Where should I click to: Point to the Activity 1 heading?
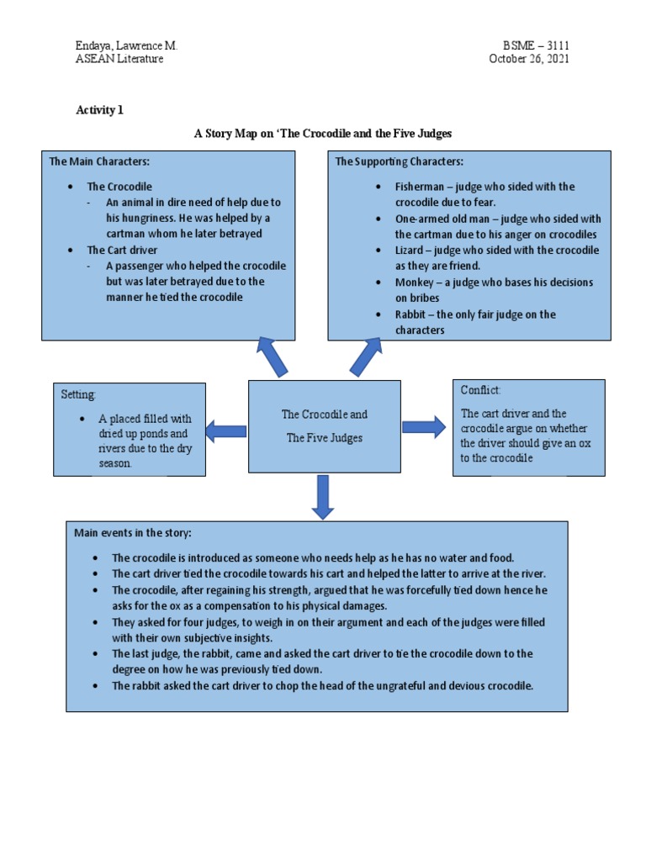point(100,110)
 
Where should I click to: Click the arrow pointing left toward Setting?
point(225,431)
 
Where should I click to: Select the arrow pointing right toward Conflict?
point(424,426)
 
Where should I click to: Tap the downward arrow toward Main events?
point(323,497)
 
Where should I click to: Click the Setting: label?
point(78,394)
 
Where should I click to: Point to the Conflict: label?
point(480,390)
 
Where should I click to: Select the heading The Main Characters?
point(99,161)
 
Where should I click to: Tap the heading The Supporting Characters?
point(400,161)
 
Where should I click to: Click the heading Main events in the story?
point(133,532)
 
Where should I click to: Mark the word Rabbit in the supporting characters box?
point(411,314)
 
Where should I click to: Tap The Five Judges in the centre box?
point(325,438)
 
